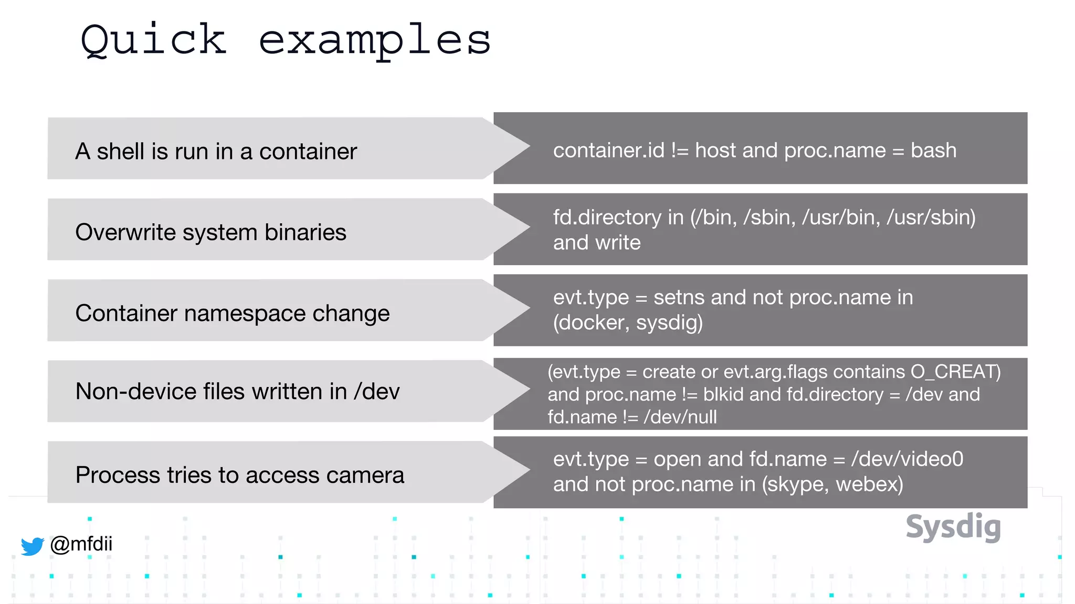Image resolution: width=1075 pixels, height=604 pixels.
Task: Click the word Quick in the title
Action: click(153, 41)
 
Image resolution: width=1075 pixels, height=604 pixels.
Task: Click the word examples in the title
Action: click(375, 42)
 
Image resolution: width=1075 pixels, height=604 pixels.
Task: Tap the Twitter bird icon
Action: click(32, 546)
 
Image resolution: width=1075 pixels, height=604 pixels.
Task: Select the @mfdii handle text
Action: click(81, 544)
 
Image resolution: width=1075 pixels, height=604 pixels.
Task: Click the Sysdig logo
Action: click(953, 527)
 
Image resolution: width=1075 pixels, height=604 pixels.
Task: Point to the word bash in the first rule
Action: click(933, 150)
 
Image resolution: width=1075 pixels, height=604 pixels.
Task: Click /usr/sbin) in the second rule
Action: click(931, 217)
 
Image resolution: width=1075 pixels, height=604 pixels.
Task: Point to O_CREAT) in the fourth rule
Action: click(955, 372)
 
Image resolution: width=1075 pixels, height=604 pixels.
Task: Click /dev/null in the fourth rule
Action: click(680, 417)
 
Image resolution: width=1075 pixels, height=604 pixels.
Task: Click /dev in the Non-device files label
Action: click(376, 392)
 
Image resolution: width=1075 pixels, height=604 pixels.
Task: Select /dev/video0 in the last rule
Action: click(907, 459)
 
